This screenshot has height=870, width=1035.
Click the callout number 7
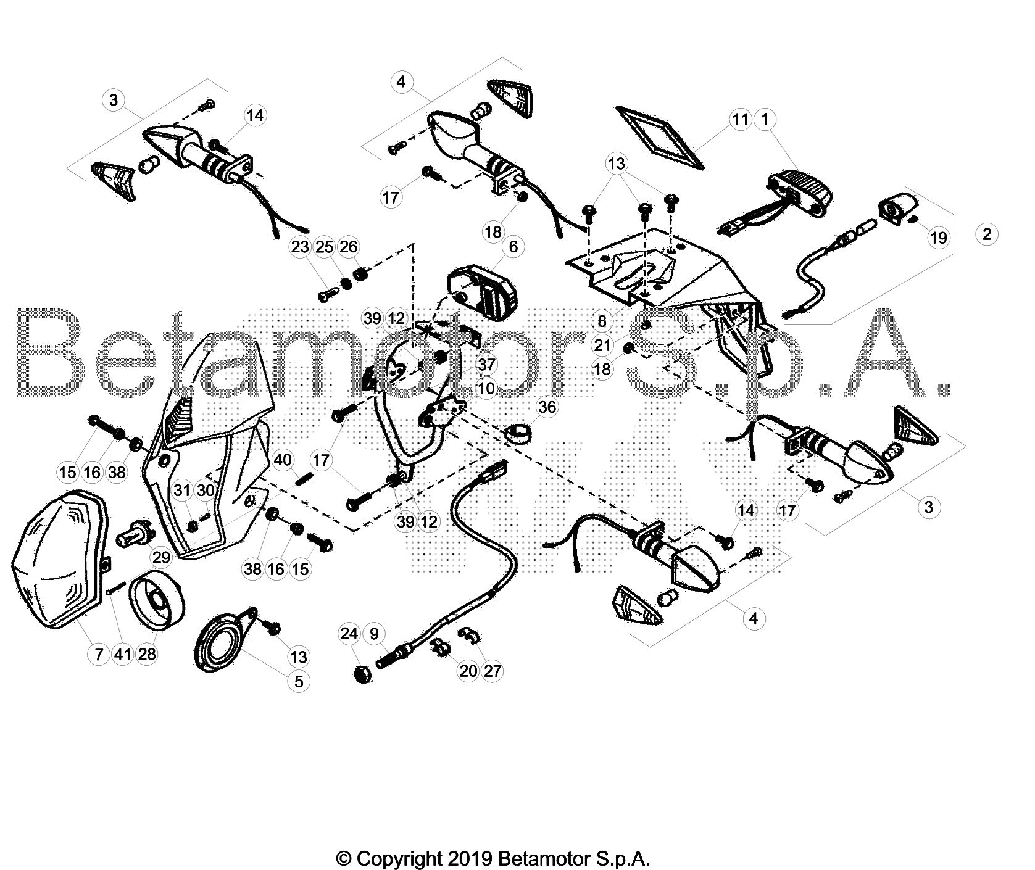tap(99, 654)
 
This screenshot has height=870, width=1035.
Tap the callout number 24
tap(349, 634)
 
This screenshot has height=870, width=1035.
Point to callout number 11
tap(741, 119)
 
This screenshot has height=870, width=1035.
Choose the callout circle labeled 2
tap(987, 234)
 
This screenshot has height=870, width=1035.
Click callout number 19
tap(938, 238)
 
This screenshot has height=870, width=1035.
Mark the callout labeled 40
tap(283, 460)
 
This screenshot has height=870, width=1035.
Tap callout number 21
tap(603, 344)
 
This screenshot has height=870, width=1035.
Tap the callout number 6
tap(513, 246)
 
